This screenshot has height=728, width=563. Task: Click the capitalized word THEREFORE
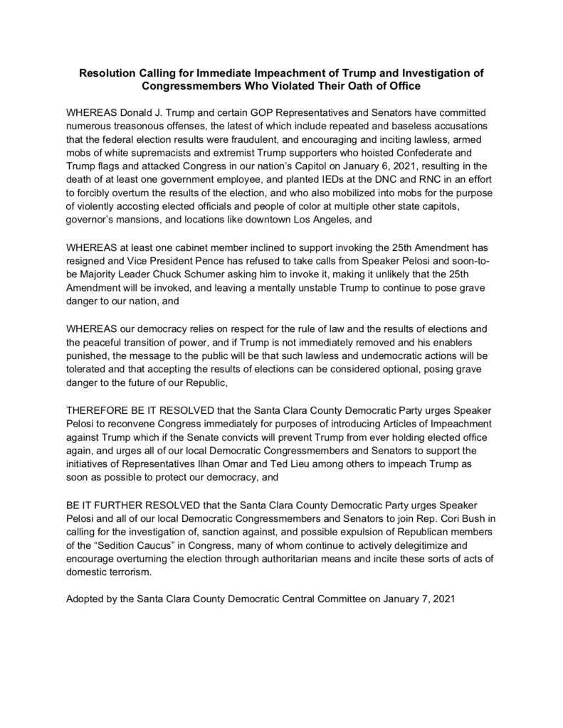pos(99,412)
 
